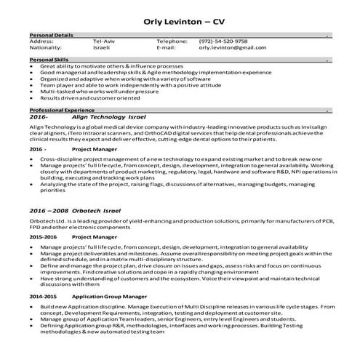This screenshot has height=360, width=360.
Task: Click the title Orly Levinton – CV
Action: point(180,17)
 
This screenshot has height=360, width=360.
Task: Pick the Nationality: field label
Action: point(47,48)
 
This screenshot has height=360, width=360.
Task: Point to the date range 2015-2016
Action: point(43,237)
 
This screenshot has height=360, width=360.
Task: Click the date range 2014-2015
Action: point(43,297)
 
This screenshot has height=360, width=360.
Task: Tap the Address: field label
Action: point(41,41)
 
